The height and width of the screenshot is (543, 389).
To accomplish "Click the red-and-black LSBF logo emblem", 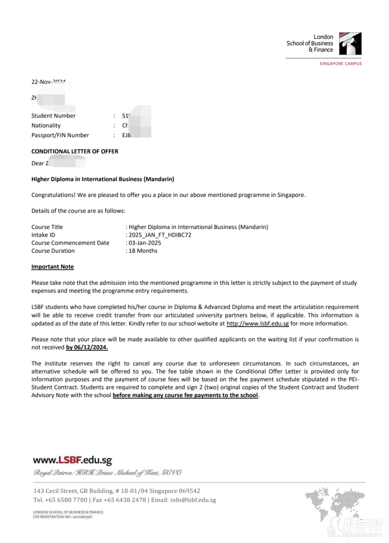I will coord(350,44).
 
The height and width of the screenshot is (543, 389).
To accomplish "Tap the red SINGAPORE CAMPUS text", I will coord(340,64).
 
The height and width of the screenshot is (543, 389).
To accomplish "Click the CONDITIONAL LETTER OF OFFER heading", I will coord(75,151).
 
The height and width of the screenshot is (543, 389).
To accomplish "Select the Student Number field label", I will coord(53,116).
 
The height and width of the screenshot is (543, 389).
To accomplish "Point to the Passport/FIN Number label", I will coord(60,135).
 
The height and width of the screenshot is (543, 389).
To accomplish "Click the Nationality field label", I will coord(46,125).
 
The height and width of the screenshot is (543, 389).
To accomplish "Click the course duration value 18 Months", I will coord(143,251).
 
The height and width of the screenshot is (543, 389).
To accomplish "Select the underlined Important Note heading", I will coord(53,267).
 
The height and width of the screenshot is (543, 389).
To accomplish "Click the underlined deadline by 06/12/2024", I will coord(87,348).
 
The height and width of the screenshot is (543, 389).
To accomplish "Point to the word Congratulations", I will coord(54,195).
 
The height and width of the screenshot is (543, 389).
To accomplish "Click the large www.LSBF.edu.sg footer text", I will coord(72,460).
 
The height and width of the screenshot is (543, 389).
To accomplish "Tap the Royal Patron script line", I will coord(107,473).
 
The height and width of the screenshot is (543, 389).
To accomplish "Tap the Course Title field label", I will coord(47,227).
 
